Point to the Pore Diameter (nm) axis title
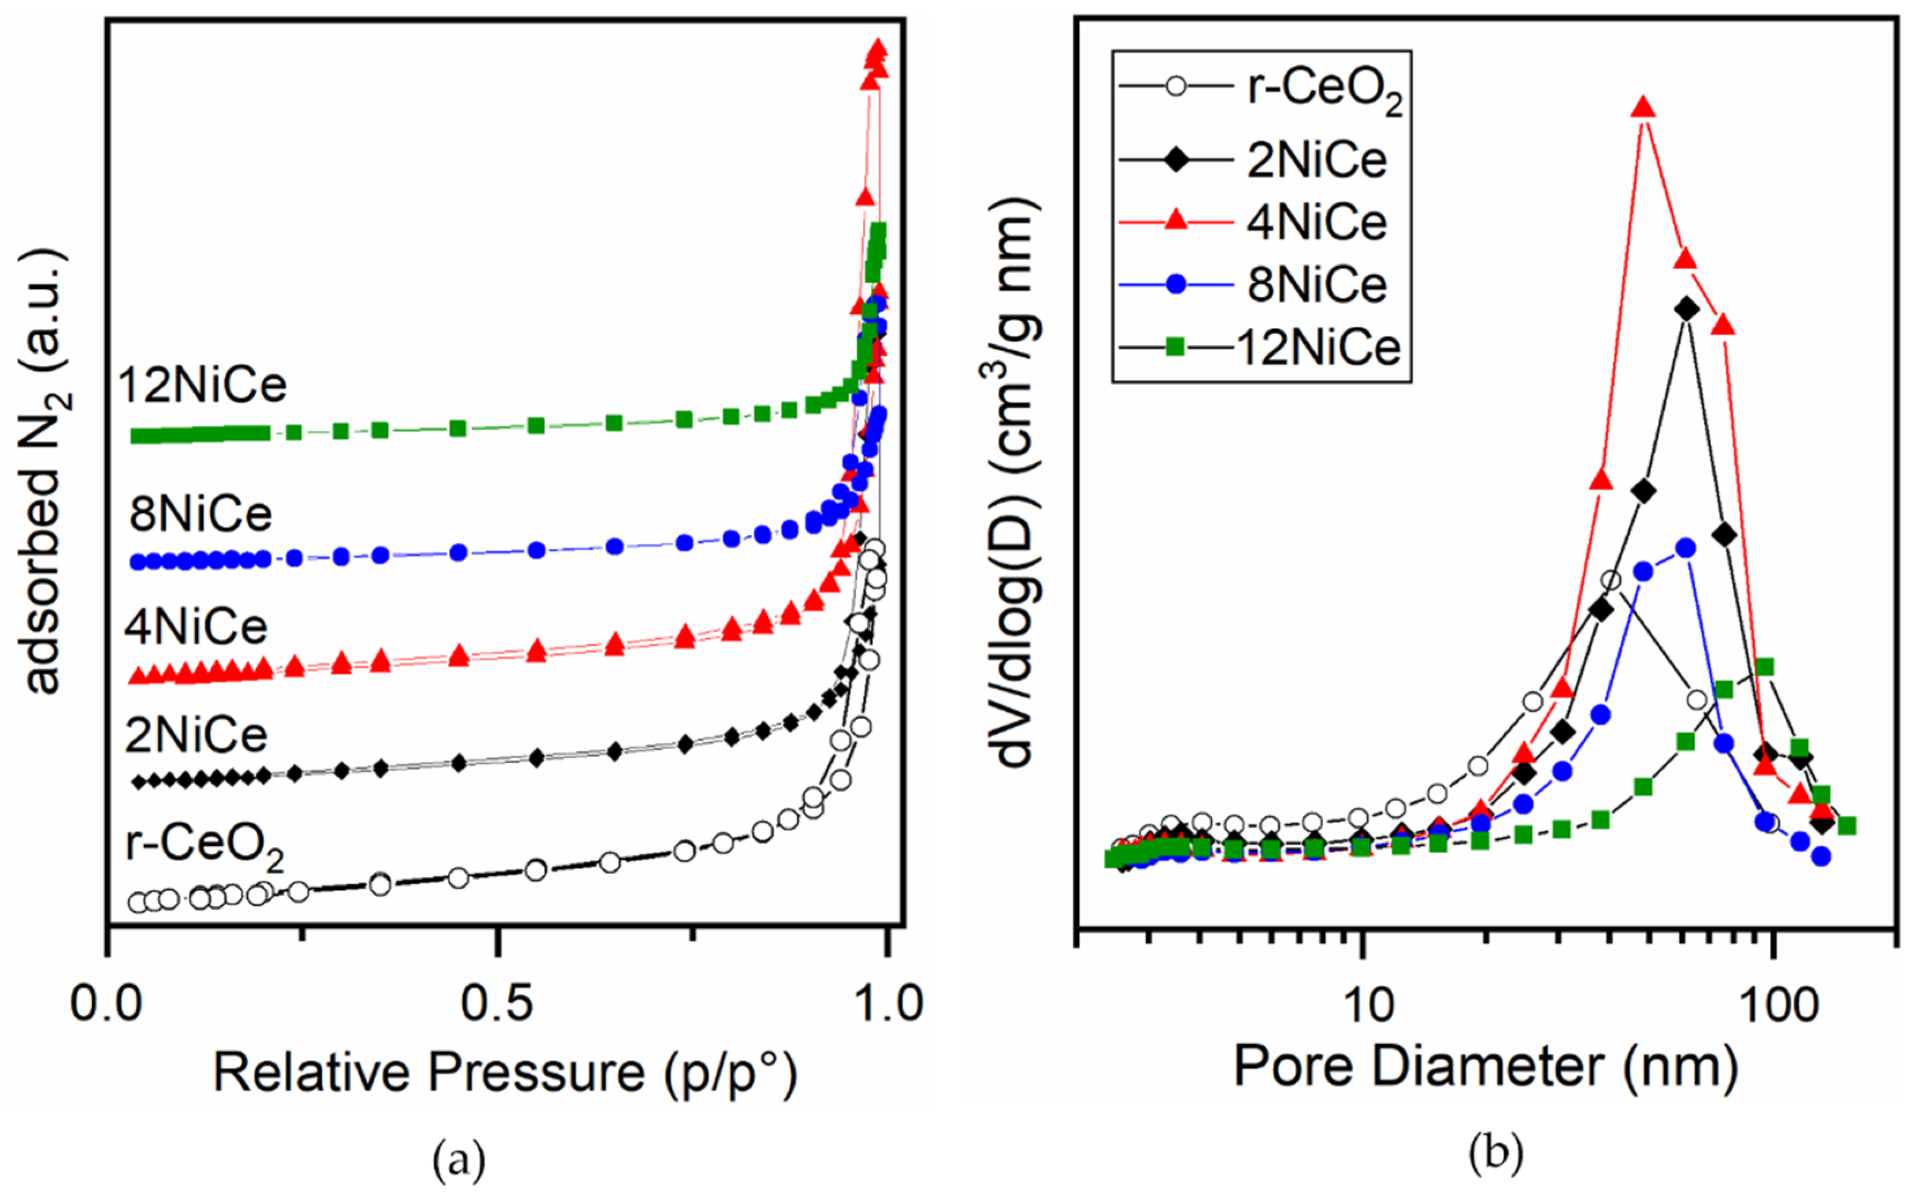(1486, 1067)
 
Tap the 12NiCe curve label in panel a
(202, 386)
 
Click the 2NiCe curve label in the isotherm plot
(196, 735)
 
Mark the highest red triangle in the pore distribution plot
(1643, 108)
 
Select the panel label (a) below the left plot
(458, 1161)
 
